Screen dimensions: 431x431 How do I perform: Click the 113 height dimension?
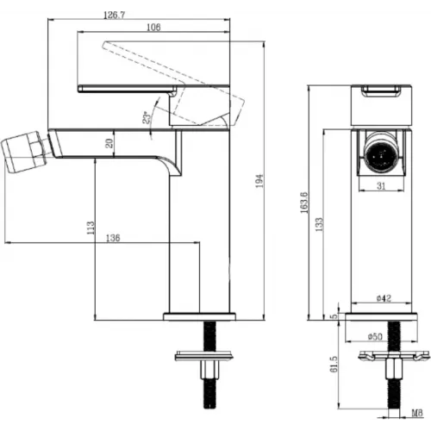pos(91,228)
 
